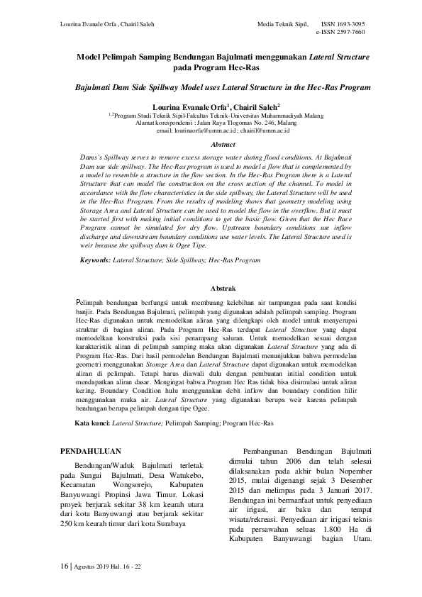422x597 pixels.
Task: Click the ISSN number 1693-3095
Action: [x=348, y=24]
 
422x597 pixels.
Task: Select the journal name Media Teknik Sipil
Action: [x=283, y=24]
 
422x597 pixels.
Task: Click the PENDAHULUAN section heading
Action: [x=91, y=450]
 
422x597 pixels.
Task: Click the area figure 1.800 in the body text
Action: [x=321, y=531]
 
